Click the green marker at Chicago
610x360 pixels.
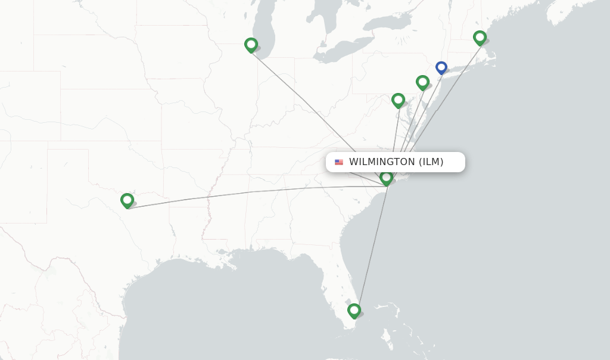coord(251,45)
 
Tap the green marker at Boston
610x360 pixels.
coord(480,38)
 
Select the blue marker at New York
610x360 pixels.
coord(441,68)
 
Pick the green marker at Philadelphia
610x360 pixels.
coord(422,82)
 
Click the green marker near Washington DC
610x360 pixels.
coord(398,100)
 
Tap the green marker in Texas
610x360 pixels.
coord(127,200)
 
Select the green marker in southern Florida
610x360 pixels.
coord(354,311)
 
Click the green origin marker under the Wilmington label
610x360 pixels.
coord(386,178)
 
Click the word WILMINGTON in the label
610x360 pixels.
coord(382,162)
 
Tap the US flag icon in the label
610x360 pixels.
coord(339,162)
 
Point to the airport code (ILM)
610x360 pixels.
coord(431,162)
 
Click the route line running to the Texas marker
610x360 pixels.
coord(238,194)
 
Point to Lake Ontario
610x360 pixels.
coord(387,24)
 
